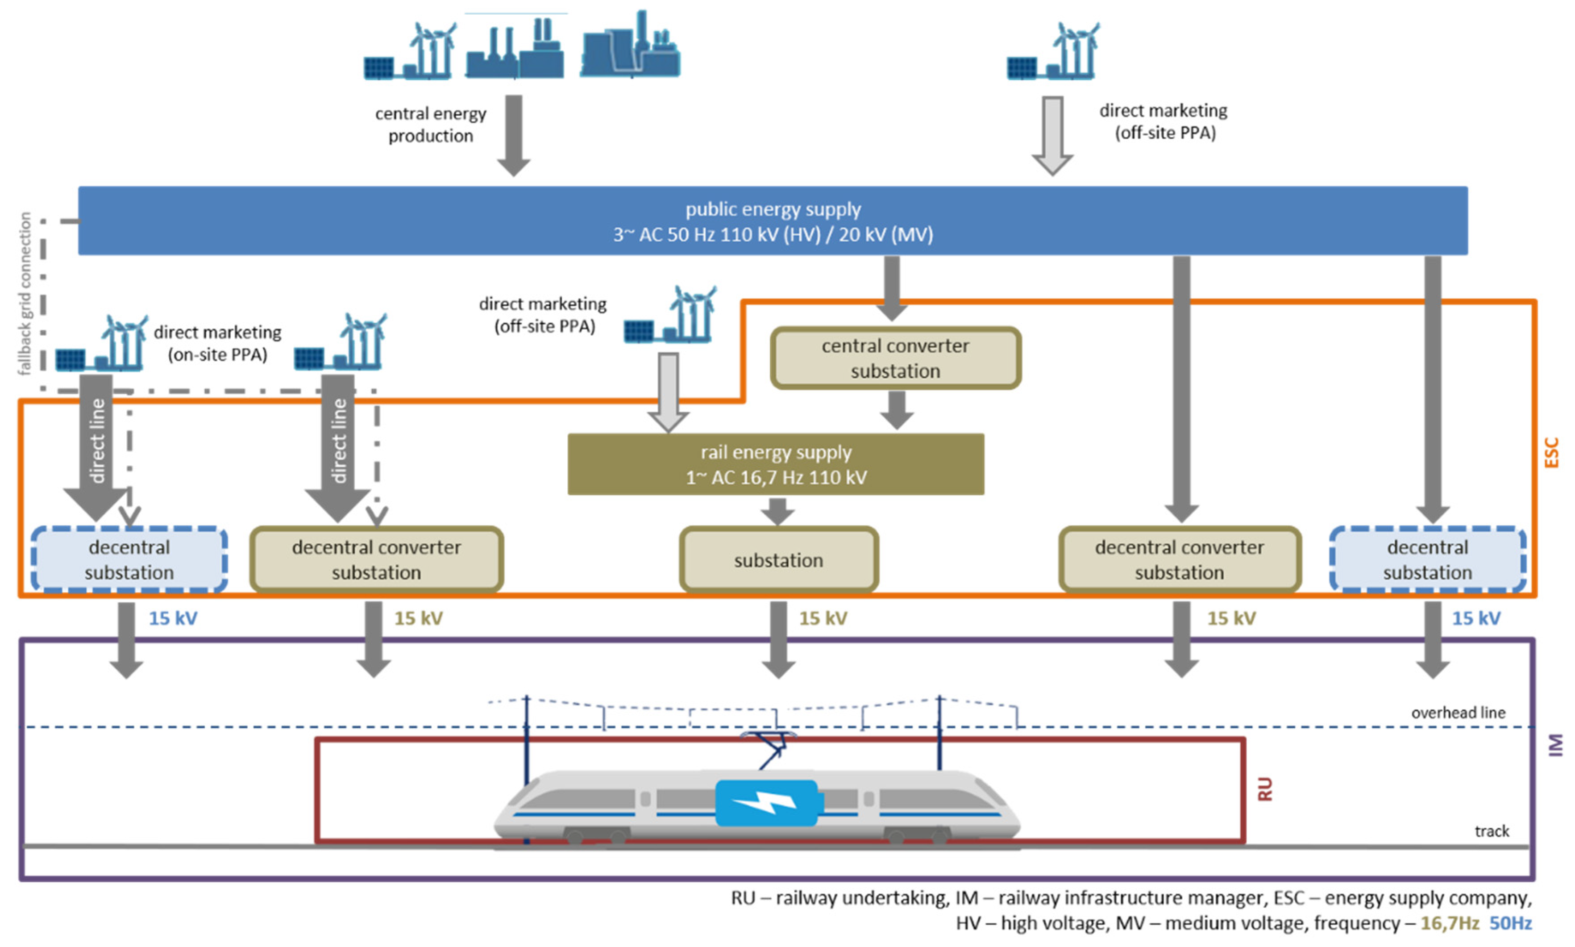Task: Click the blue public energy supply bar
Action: [x=772, y=221]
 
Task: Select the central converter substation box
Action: [x=894, y=358]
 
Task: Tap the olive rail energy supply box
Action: [x=775, y=464]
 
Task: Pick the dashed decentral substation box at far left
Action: [x=129, y=559]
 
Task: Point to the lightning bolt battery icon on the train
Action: [x=765, y=802]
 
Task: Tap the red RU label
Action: [x=1264, y=789]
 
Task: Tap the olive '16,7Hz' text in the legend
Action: [x=1449, y=923]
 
